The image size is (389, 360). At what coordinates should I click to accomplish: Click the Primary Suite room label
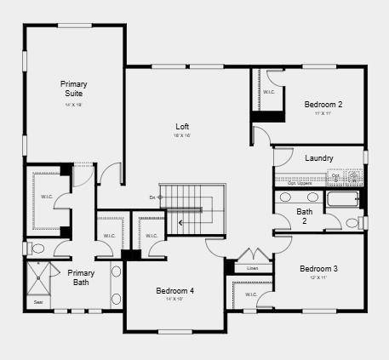[73, 89]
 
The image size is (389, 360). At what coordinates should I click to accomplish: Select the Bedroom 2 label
[323, 105]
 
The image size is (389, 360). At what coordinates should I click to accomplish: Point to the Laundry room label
[318, 158]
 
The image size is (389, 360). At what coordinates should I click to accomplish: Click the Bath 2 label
[304, 216]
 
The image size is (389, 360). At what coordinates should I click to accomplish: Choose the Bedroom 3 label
[318, 269]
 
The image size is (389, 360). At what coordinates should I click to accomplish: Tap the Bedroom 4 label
[174, 291]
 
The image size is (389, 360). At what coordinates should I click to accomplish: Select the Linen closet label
[252, 268]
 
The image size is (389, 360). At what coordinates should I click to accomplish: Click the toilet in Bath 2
[352, 223]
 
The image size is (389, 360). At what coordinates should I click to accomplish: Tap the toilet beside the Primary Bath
[37, 249]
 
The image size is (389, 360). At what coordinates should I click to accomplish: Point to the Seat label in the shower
[37, 301]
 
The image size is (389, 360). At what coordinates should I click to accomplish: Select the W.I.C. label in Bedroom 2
[268, 92]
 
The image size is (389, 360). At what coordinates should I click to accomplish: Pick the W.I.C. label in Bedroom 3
[251, 295]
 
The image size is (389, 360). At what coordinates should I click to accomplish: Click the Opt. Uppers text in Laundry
[299, 183]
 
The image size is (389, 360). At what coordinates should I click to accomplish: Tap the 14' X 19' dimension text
[73, 106]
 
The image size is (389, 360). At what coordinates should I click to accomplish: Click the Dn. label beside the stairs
[153, 197]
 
